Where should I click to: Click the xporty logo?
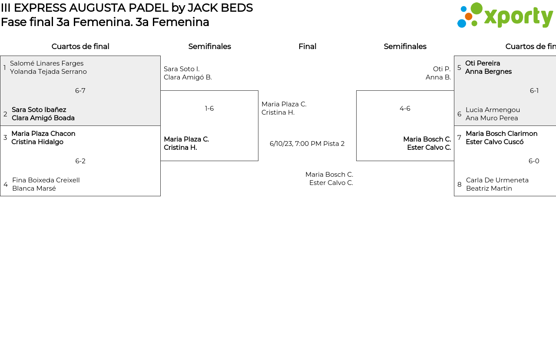505,15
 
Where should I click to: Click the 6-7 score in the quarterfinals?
80,91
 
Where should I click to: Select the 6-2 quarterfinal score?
80,161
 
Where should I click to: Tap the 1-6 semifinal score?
209,109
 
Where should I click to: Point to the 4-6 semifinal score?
405,109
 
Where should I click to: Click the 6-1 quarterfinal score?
534,91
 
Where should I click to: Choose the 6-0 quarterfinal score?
534,161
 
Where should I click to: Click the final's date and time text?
307,144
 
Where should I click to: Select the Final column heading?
307,46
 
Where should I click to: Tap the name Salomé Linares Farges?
46,63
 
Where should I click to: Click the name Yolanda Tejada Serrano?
48,72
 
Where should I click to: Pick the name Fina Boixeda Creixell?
46,180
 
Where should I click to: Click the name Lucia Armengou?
493,110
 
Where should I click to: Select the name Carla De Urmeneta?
497,180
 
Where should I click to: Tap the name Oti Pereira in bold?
483,63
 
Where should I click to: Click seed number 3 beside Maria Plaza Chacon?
5,138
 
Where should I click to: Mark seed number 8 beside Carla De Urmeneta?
460,185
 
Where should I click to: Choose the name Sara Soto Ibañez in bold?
39,110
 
